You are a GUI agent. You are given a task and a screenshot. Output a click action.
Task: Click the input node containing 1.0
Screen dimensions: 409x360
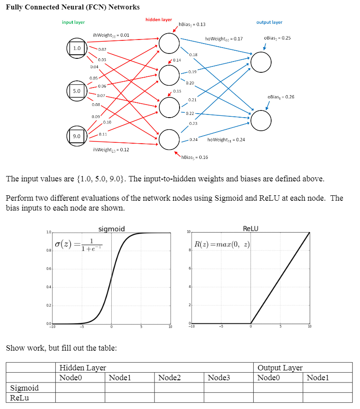77,48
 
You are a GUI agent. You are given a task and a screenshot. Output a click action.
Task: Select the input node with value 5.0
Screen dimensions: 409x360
77,91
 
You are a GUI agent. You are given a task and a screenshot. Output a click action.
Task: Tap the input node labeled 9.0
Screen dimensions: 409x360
77,136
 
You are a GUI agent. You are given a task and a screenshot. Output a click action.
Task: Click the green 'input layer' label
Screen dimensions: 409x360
73,22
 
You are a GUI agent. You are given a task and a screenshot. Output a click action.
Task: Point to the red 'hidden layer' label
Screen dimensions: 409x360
158,20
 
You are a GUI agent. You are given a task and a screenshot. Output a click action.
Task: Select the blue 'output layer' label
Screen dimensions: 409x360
269,22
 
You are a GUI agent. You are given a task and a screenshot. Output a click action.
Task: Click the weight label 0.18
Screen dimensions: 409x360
193,55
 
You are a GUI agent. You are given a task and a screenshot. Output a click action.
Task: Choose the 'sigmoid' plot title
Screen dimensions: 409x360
111,229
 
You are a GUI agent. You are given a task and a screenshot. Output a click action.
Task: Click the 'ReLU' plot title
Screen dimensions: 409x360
250,229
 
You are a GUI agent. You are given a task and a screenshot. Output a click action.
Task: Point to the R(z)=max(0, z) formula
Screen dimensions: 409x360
222,245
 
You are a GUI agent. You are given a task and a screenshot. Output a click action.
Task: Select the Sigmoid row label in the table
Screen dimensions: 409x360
24,388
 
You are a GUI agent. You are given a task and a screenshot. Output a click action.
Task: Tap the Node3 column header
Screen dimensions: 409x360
219,378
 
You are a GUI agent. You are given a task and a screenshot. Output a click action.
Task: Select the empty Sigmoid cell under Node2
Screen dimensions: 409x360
179,388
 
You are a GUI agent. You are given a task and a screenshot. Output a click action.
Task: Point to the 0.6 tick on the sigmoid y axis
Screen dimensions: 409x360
48,268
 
